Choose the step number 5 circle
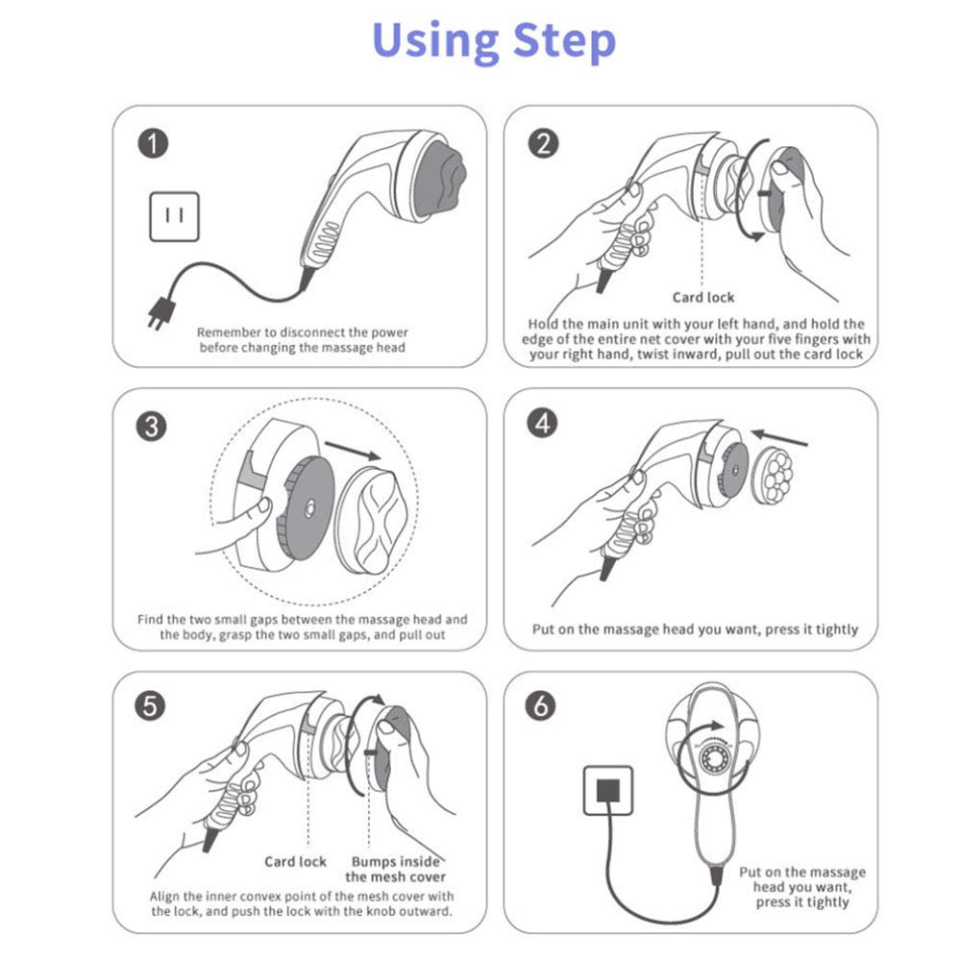coord(153,706)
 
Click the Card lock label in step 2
coord(703,297)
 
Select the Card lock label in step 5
coord(295,861)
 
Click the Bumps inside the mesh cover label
coord(395,869)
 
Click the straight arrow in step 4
coord(780,437)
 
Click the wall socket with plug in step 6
coord(607,790)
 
